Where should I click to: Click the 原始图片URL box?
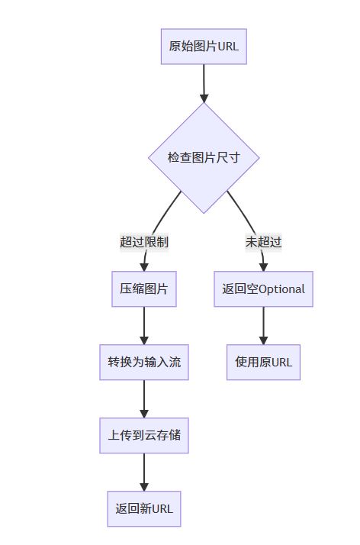pos(204,47)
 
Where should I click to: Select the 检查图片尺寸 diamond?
pos(204,158)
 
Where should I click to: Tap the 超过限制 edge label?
pos(144,242)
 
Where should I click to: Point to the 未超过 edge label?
pos(263,242)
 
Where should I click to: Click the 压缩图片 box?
pos(144,289)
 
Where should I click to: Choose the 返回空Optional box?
pos(263,289)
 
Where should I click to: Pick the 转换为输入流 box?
pos(144,362)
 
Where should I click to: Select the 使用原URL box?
pos(263,362)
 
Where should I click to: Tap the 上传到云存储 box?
pos(144,436)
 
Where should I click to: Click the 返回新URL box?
pos(144,509)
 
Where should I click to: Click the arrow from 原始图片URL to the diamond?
pos(204,83)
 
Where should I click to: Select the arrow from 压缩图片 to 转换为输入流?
pos(144,326)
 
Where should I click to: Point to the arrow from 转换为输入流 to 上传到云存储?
pos(144,399)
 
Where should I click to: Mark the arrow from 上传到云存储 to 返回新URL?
pos(144,472)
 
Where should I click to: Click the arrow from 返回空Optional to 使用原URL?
pos(263,326)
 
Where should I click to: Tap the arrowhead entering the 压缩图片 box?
pos(144,267)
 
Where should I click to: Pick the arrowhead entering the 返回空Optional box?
pos(263,267)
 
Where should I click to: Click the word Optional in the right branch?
pos(282,289)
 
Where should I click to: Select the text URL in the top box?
pos(228,47)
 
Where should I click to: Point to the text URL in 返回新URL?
pos(162,509)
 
